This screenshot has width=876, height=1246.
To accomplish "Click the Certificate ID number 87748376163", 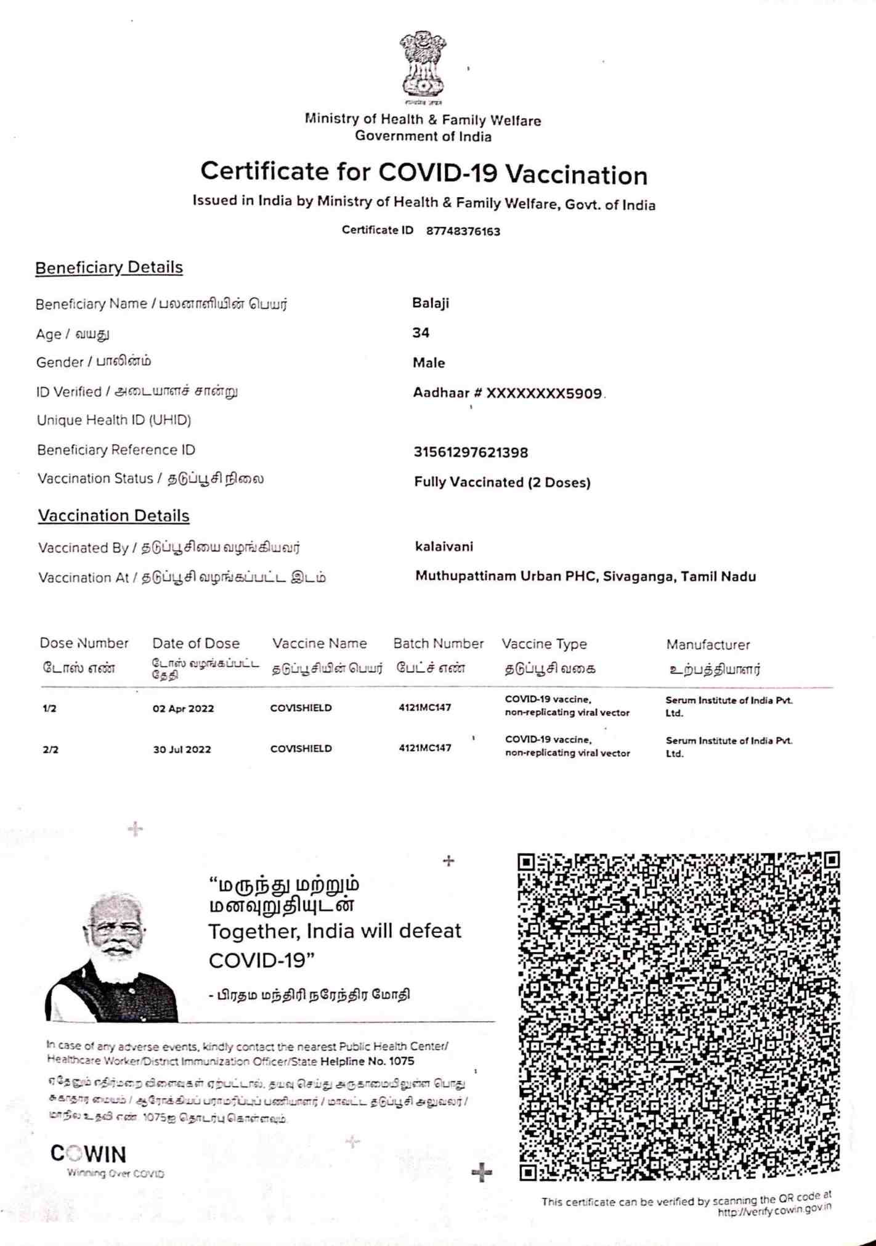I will (463, 232).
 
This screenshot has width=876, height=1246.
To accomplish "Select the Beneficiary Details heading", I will (109, 267).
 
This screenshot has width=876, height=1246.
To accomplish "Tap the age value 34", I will (421, 333).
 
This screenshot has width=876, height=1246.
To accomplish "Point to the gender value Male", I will (429, 363).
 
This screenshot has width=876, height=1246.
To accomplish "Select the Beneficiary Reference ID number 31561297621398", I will (471, 453).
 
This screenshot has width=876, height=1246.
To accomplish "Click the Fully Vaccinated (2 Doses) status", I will (502, 483).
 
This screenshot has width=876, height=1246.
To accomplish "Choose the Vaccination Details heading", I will (114, 516).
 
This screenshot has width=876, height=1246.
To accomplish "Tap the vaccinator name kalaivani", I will (444, 547).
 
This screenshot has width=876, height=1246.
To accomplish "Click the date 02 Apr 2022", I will (183, 709).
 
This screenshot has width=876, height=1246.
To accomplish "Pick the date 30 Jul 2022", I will (182, 749).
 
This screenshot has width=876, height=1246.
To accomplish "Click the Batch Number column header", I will (438, 644).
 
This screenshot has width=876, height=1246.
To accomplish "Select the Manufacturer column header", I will (708, 645).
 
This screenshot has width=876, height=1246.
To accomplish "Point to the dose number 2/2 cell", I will (51, 750).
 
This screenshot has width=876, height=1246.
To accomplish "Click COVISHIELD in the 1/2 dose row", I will (301, 708).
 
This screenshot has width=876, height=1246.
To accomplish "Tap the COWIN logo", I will (89, 1154).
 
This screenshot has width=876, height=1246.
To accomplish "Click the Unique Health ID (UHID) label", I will (114, 420).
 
